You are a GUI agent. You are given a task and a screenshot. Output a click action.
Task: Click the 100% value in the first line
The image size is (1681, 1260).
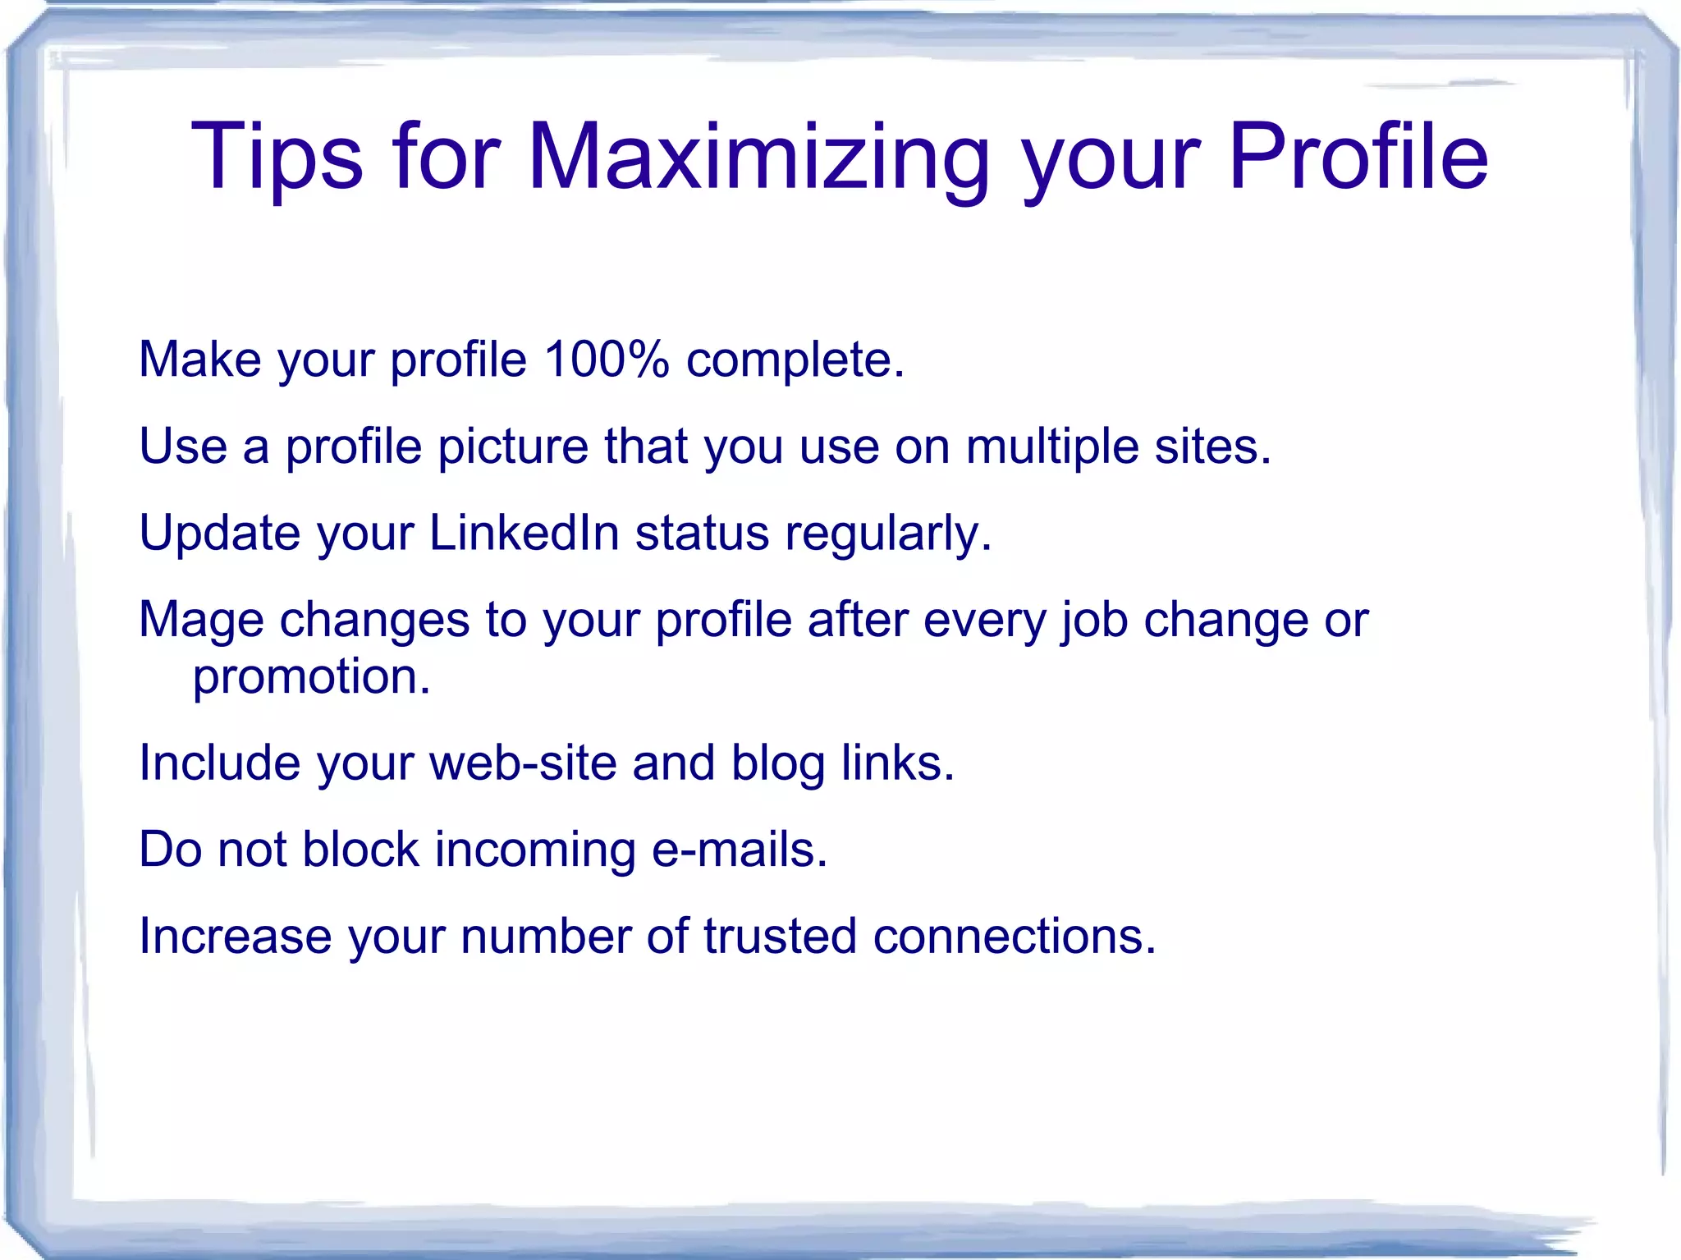[x=606, y=360]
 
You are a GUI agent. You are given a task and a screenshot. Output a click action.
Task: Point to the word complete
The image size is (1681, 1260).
[x=795, y=360]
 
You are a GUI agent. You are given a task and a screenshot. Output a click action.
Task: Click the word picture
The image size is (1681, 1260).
[x=512, y=447]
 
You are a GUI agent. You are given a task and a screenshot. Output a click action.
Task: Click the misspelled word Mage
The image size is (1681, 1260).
[x=201, y=620]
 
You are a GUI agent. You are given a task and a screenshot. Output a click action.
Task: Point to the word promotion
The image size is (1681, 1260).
[x=311, y=677]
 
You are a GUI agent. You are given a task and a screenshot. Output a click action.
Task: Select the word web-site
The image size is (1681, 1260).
[x=523, y=763]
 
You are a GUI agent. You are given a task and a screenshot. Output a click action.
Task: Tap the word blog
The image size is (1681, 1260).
[x=777, y=764]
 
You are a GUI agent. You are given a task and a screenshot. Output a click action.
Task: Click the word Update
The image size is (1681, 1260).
[x=219, y=534]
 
